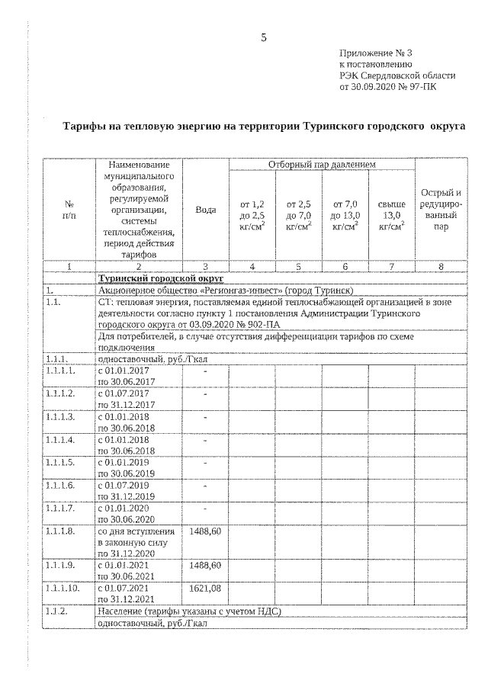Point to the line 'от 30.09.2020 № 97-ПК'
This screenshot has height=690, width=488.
[x=393, y=87]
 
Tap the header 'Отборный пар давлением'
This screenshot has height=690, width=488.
[x=322, y=165]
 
